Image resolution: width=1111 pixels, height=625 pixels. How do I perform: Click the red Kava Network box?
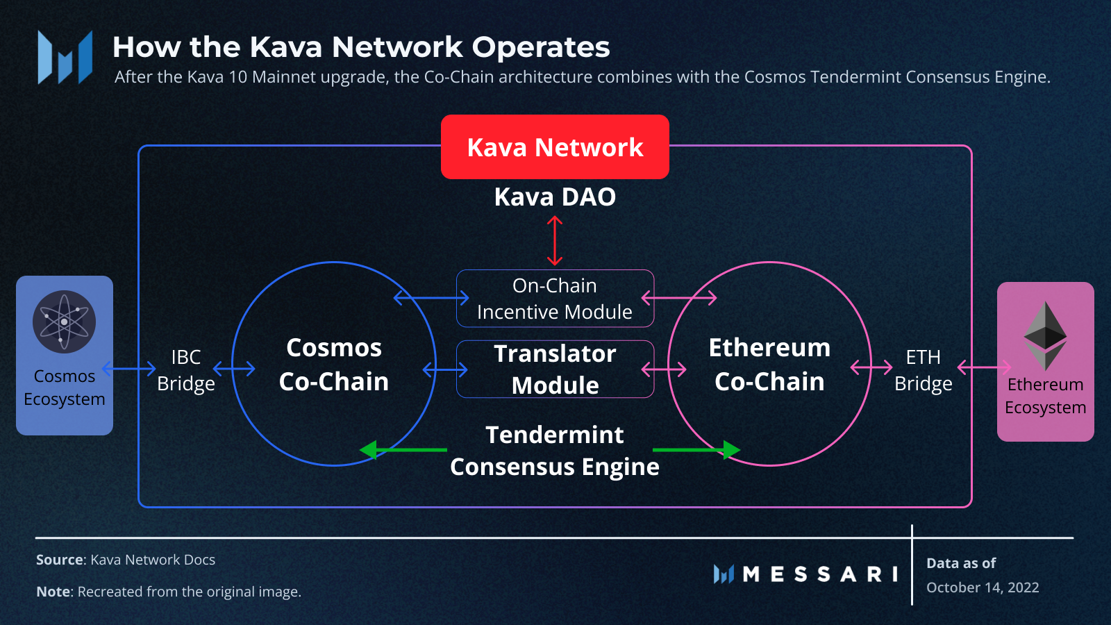[555, 147]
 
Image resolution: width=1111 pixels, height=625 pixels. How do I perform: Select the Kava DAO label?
[555, 197]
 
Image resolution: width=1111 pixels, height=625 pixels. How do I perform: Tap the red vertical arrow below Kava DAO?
[554, 240]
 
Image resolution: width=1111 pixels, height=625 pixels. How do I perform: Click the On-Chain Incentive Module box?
[555, 299]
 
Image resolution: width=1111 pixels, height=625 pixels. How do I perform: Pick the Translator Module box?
[555, 369]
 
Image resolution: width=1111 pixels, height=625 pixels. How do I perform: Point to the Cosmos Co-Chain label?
[334, 365]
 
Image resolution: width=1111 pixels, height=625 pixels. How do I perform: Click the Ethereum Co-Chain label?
[769, 365]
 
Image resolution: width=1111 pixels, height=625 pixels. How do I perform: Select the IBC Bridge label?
[186, 370]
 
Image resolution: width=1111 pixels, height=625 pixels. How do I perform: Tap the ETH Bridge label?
[923, 370]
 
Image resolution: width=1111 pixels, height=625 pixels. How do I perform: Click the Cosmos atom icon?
[64, 322]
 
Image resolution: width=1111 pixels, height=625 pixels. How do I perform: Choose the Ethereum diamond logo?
[1045, 335]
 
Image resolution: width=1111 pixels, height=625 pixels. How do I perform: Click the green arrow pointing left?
[403, 450]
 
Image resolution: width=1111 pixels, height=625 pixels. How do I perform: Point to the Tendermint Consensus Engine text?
[555, 451]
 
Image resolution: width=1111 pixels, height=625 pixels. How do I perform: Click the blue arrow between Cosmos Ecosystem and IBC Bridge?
[129, 368]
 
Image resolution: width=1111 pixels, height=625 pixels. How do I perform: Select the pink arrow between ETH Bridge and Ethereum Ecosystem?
[984, 367]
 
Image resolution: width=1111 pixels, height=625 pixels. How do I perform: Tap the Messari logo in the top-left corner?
[65, 58]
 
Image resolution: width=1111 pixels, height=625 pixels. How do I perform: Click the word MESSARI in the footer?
[820, 574]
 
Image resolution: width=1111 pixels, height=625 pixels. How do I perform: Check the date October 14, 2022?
[983, 587]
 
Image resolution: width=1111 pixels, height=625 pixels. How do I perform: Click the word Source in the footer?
[59, 560]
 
